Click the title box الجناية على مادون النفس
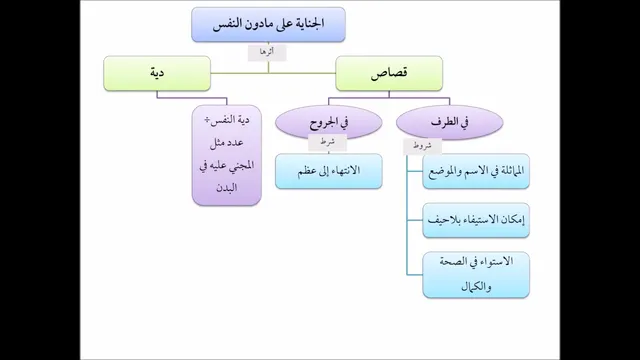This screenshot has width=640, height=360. (268, 24)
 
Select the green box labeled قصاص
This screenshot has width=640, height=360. (389, 73)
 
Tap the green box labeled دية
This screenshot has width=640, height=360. (157, 73)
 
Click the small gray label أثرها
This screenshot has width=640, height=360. (267, 53)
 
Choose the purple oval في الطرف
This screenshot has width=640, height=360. (449, 122)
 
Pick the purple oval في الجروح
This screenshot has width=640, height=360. (329, 122)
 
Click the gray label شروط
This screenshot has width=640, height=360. (422, 147)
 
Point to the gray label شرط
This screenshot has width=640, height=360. (327, 143)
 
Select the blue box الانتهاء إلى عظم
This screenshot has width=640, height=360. (329, 171)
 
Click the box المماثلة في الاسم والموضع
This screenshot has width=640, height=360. (476, 171)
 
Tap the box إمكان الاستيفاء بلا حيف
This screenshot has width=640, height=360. (476, 220)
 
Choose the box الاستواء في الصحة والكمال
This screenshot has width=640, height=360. (476, 275)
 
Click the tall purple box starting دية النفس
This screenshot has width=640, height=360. (227, 155)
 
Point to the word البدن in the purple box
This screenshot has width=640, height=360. (227, 188)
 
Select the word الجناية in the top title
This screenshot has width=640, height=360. (308, 24)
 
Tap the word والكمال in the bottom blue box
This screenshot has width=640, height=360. (476, 287)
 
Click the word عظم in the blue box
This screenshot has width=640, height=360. (308, 171)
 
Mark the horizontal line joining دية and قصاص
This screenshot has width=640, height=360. (273, 73)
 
